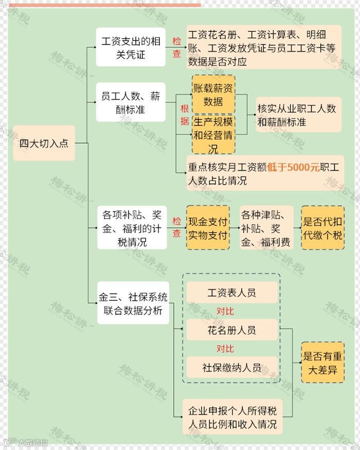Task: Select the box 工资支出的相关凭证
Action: coord(131,47)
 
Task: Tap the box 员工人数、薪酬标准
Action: coord(131,102)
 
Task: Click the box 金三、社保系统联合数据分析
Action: coord(133,304)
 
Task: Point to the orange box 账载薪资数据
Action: coord(213,95)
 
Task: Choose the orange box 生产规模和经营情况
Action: coord(213,135)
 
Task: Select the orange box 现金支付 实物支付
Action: coord(208,227)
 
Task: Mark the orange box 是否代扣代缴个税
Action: coord(322,227)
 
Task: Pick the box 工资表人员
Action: coord(231,293)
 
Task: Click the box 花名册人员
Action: coord(231,330)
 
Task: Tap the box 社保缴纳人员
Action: coord(231,367)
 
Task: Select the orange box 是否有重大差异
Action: coord(322,363)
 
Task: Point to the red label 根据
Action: coord(184,115)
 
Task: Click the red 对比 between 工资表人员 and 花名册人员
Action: coord(225,311)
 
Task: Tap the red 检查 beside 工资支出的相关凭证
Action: coord(176,47)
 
